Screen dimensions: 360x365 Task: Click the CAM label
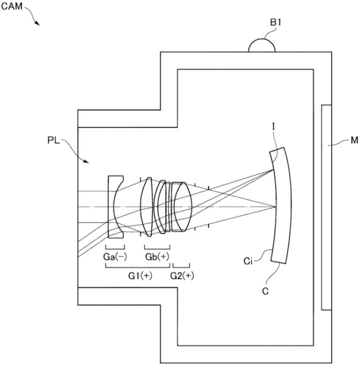pos(12,6)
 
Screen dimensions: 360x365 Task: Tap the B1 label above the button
pos(276,23)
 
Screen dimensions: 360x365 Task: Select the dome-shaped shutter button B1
pos(262,44)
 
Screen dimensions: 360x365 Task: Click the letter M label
pos(354,140)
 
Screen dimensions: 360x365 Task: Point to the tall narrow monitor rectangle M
pos(326,207)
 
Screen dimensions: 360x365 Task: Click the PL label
pos(54,140)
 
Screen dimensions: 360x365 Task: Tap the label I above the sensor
pos(274,127)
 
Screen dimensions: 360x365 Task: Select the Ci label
pos(248,261)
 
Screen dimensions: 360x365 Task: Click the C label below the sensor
pos(265,291)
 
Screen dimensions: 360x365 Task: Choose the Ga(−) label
pos(115,257)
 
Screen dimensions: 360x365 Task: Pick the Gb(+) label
pos(157,257)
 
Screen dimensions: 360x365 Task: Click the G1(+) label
pos(140,276)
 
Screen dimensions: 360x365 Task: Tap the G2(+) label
pos(182,276)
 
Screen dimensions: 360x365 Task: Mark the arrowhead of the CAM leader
pos(38,23)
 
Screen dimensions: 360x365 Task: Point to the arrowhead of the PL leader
pos(86,161)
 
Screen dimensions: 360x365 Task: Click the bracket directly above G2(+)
pos(181,266)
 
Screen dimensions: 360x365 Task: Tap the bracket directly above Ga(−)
pos(115,248)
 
